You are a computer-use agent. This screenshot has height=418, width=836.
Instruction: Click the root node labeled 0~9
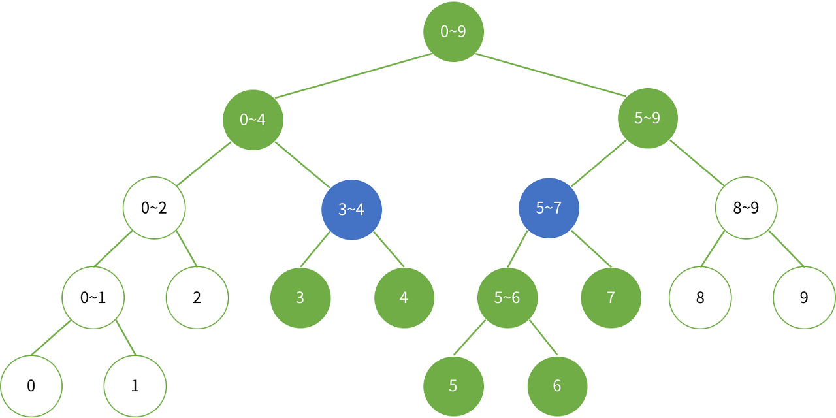tap(453, 31)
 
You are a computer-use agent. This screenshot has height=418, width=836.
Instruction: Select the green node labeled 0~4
tap(253, 120)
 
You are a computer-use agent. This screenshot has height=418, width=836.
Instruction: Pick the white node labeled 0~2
tap(154, 208)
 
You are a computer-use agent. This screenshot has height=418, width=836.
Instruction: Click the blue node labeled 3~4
tap(351, 210)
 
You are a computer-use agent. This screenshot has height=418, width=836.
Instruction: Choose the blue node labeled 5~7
tap(549, 208)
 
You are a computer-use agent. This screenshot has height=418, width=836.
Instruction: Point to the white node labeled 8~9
tap(746, 208)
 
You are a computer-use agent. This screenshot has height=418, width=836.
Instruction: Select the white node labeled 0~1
tap(93, 298)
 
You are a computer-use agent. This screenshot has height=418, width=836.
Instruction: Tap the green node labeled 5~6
tap(507, 298)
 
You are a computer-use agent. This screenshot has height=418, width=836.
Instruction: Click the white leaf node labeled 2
tap(197, 298)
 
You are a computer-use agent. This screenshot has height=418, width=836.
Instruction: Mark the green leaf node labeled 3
tap(300, 298)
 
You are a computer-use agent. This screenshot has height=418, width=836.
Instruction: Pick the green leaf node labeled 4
tap(404, 298)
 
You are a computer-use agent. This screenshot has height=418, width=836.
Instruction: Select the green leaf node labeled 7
tap(611, 298)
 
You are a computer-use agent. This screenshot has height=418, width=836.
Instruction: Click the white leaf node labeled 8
tap(700, 298)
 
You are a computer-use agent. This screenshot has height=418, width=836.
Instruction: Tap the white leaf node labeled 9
tap(803, 298)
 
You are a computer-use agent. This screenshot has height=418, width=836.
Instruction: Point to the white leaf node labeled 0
tap(31, 386)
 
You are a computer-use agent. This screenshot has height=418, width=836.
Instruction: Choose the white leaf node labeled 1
tap(135, 386)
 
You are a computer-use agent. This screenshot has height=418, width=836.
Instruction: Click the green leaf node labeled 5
tap(453, 386)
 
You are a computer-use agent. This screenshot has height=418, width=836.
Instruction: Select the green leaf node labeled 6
tap(556, 386)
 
